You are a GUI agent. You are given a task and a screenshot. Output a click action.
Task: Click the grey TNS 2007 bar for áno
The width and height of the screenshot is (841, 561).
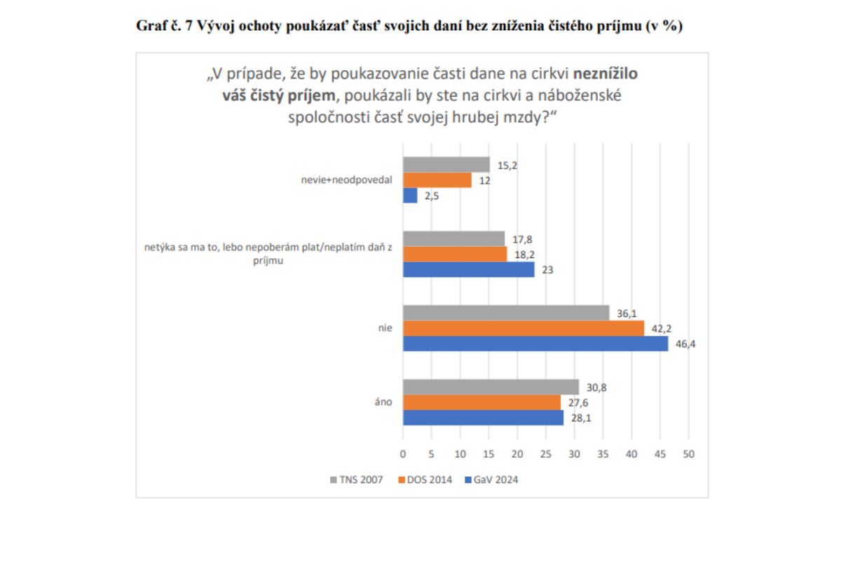(491, 387)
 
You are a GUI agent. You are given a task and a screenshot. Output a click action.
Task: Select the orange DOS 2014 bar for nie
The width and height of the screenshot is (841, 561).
(523, 328)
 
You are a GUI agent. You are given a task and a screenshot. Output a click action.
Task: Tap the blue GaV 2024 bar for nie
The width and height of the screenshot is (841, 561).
(535, 344)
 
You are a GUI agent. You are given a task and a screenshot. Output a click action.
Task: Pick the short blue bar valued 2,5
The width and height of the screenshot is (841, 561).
(410, 196)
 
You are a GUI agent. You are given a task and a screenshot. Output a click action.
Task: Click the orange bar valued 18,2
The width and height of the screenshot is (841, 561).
(454, 254)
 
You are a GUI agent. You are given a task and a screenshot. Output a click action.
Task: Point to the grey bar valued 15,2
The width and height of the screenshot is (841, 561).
(446, 165)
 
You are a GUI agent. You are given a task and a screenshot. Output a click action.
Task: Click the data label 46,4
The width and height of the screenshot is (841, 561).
(683, 344)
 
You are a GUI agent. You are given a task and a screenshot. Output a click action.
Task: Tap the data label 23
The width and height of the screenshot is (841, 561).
(545, 269)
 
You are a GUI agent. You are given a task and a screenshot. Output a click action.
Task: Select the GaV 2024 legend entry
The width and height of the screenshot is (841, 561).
(493, 480)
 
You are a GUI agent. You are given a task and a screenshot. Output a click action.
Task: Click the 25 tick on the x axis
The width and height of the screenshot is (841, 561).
(545, 454)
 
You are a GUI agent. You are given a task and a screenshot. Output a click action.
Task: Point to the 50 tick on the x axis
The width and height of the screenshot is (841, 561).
(688, 454)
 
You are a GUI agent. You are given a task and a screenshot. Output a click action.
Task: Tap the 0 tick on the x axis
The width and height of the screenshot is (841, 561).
(403, 454)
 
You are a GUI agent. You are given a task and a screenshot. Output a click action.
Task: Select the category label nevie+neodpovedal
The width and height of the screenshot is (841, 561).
(341, 180)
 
